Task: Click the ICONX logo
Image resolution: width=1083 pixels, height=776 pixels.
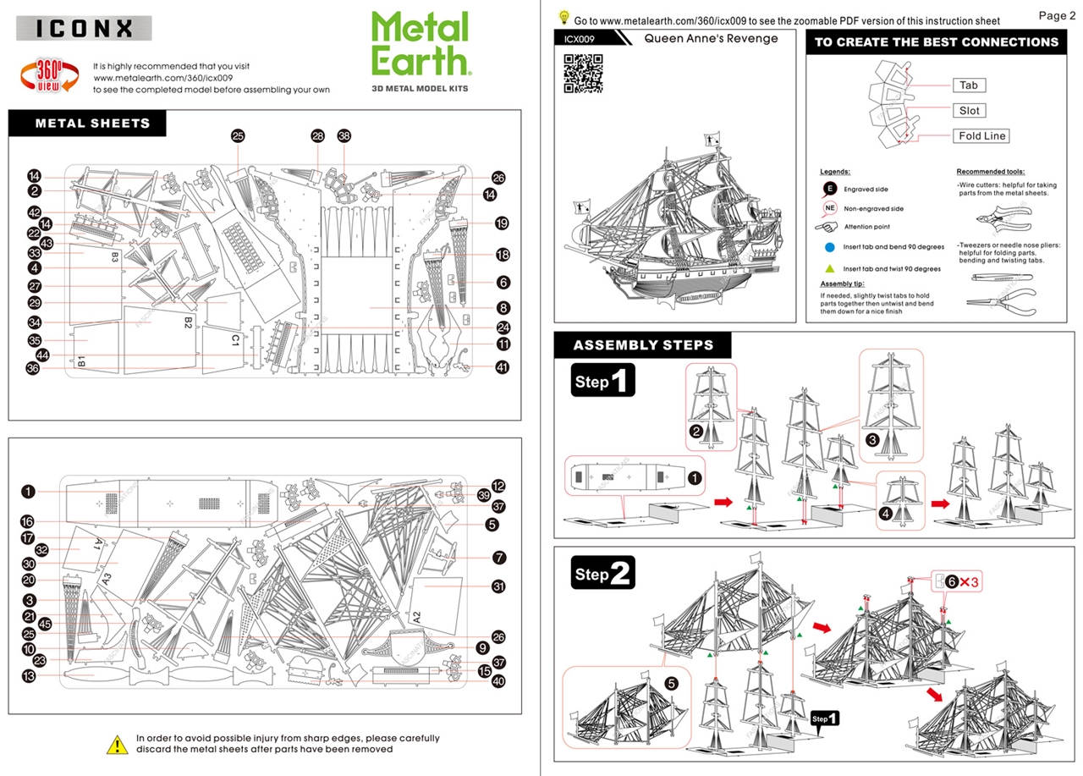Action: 84,28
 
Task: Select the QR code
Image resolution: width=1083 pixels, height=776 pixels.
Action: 583,73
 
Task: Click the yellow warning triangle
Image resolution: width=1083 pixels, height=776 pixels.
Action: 116,744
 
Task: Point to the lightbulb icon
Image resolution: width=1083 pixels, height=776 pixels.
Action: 564,17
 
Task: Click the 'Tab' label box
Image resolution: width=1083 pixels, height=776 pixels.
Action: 969,85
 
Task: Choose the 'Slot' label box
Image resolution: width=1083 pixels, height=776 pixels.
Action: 969,111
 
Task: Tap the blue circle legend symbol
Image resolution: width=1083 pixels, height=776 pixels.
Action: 831,247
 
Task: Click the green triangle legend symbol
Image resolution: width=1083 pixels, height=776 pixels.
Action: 831,268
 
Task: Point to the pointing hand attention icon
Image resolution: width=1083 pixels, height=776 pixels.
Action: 830,227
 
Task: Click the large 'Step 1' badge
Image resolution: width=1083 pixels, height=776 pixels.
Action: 602,380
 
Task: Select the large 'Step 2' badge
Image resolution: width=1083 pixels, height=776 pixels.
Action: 603,575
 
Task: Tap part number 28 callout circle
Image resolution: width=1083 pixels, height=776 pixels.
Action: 318,135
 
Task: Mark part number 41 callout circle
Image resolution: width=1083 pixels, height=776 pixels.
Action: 503,367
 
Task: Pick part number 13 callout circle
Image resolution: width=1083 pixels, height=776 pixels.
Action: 29,675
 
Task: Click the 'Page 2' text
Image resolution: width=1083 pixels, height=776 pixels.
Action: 1057,15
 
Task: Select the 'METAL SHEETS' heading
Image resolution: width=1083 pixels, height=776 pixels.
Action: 92,124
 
